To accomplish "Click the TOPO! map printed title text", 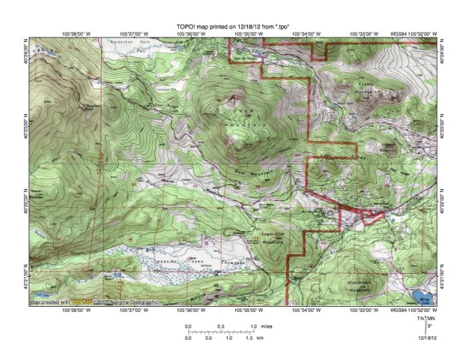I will coord(233,25).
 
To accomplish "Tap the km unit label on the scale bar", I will coord(259,339).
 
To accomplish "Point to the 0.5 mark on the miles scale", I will coord(220,326).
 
